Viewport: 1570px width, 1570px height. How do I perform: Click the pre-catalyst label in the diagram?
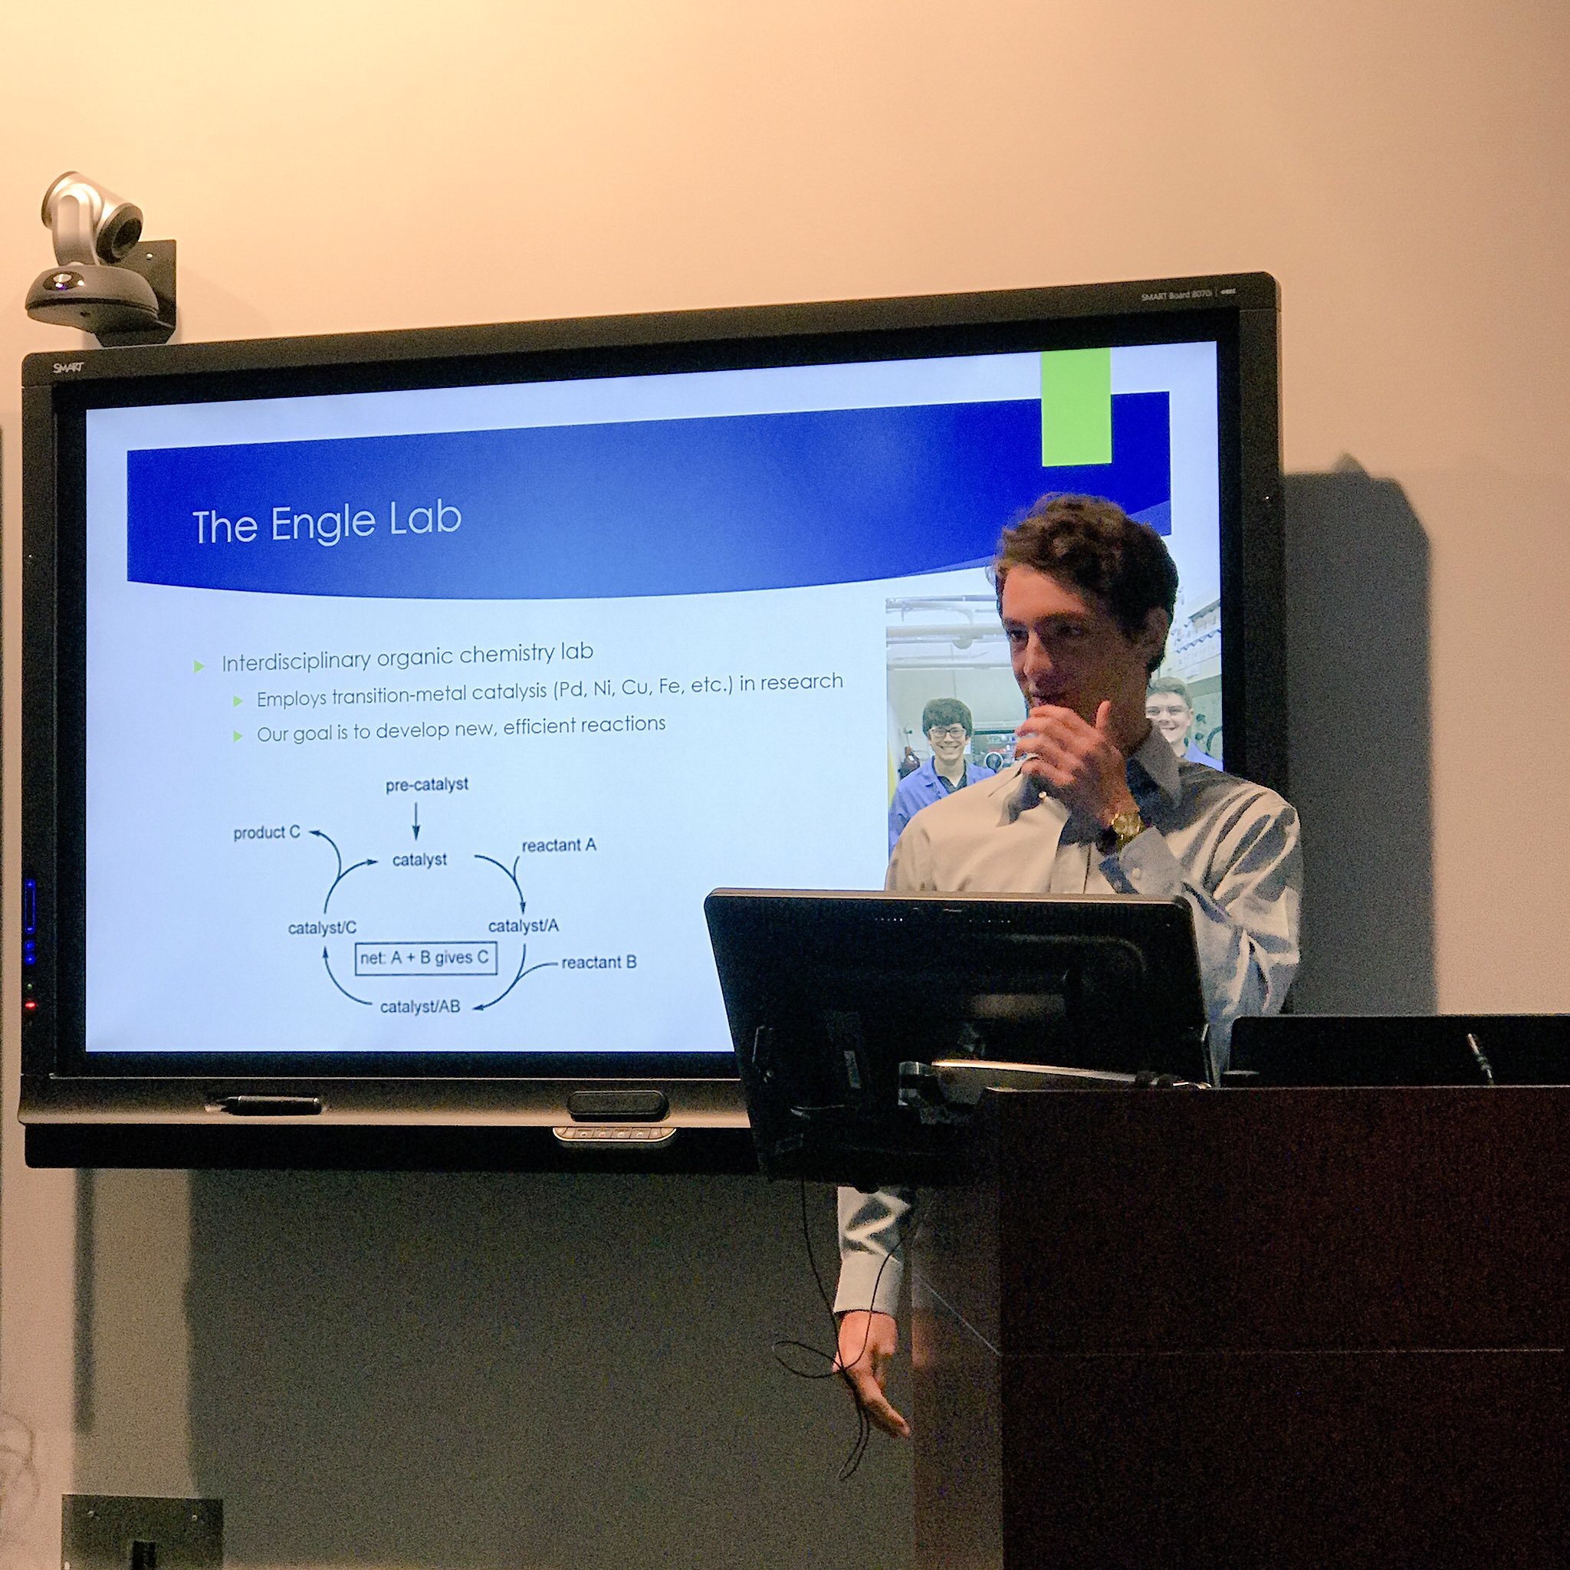tap(427, 785)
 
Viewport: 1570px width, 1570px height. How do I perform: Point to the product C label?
tap(267, 833)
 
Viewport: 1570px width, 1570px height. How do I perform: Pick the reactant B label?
tap(598, 963)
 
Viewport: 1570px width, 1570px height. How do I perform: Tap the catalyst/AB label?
tap(419, 1007)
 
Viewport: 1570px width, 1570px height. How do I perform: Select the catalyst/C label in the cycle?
tap(322, 928)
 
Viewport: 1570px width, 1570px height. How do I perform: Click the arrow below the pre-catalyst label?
tap(415, 821)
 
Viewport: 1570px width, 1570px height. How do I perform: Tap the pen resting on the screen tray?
tap(268, 1104)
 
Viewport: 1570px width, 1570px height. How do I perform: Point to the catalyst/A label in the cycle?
tap(524, 925)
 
